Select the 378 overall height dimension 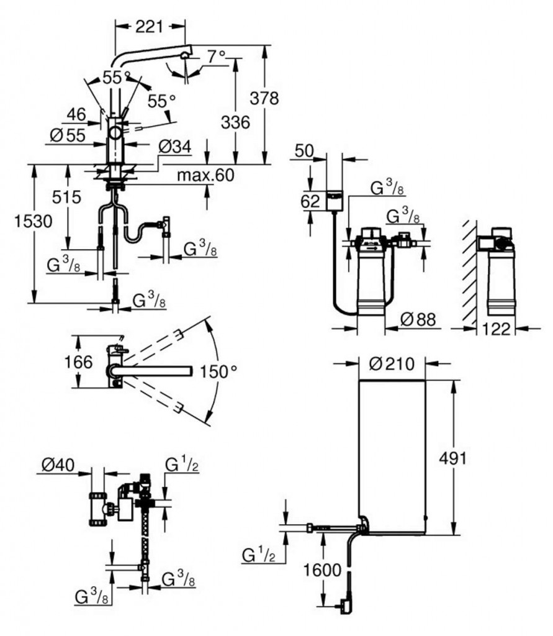coord(264,98)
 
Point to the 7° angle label coord(216,57)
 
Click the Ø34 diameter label coord(174,147)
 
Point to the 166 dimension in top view coord(79,362)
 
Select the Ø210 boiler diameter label coord(391,365)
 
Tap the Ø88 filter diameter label coord(418,319)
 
